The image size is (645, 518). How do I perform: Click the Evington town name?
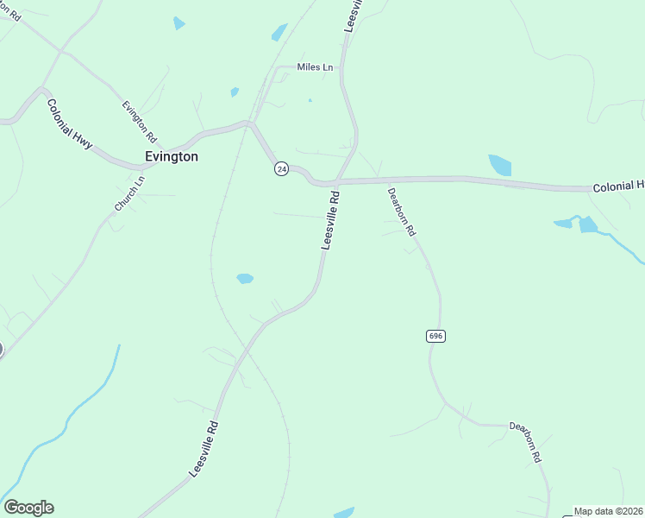tap(171, 157)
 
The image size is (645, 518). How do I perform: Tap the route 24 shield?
tap(281, 169)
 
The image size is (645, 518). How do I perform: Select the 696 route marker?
tap(436, 336)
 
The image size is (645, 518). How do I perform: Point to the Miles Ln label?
tap(315, 67)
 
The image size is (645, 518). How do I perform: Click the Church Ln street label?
tap(130, 193)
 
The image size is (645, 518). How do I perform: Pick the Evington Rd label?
tap(139, 122)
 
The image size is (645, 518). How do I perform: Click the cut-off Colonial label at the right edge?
tap(618, 186)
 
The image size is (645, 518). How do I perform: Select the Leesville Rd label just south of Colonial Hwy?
tap(331, 221)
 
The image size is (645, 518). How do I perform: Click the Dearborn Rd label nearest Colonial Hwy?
tap(402, 212)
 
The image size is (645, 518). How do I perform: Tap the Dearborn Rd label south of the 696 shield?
tap(524, 441)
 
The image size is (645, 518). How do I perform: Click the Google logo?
tap(28, 508)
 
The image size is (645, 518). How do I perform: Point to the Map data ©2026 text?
tap(608, 511)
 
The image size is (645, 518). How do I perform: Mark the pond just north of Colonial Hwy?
tap(499, 164)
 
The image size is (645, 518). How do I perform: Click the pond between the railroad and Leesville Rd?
tap(245, 278)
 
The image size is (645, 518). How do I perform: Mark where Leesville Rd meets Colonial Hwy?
tap(337, 181)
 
